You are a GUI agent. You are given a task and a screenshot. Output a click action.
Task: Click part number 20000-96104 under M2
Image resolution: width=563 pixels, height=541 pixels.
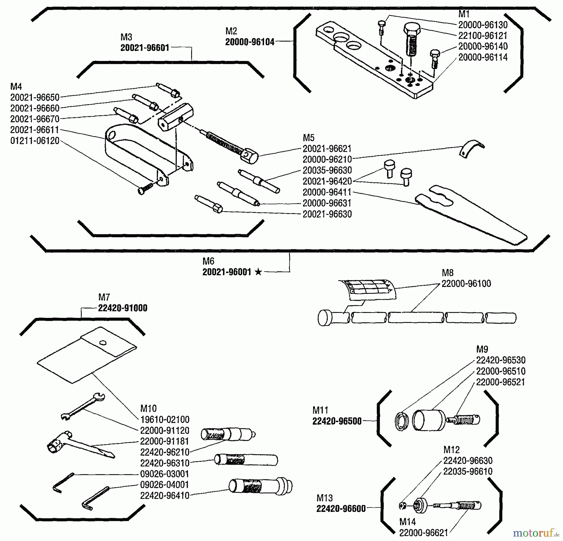coord(250,42)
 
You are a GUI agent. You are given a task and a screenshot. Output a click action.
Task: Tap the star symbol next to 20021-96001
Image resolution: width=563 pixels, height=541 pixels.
coord(258,272)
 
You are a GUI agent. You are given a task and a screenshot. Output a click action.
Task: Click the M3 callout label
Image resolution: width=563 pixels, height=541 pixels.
coord(126,37)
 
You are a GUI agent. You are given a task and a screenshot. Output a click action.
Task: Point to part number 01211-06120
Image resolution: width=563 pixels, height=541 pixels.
coord(35,141)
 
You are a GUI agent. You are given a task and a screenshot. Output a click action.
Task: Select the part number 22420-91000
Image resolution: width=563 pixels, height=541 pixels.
coord(123,308)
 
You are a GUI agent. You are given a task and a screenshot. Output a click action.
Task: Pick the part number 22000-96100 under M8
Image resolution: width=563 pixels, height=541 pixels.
coord(466,283)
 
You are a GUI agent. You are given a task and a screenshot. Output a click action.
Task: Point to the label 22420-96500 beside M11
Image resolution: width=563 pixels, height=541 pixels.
coord(337,421)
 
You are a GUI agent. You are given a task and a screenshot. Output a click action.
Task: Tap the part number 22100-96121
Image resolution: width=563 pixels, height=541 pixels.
coord(483,36)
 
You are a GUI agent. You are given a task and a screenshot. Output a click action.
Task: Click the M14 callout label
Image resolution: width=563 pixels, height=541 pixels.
coord(408,522)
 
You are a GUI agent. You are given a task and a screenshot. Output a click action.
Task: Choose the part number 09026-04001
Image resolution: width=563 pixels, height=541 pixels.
coord(165,485)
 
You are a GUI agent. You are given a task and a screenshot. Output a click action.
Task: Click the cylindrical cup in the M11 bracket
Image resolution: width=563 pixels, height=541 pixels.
coord(428,420)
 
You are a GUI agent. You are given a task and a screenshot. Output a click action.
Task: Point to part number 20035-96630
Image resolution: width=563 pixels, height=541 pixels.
coord(327,170)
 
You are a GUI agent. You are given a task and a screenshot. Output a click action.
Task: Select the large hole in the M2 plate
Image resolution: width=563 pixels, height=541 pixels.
coord(342,38)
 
